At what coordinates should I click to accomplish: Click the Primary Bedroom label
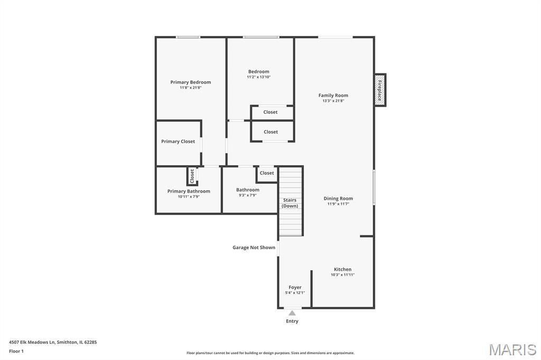pos(190,82)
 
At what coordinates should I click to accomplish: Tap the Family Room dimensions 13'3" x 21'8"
pos(333,101)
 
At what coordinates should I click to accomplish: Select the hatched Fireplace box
pos(380,90)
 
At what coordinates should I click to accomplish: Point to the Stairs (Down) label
pos(290,203)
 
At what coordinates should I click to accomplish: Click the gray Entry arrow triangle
pos(292,313)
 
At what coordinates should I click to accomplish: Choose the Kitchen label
pos(342,269)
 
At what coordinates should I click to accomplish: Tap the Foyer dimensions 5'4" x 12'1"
pos(295,293)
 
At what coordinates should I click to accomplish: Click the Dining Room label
pos(338,198)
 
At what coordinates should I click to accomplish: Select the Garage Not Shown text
pos(254,247)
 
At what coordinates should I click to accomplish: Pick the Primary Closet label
pos(178,141)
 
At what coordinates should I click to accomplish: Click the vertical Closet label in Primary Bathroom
pos(192,176)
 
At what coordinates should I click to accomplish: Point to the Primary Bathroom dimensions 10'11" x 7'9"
pos(189,196)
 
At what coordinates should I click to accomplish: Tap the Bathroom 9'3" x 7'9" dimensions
pos(248,195)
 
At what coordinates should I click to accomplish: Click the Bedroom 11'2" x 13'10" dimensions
pos(259,77)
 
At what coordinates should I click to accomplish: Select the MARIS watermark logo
pos(512,349)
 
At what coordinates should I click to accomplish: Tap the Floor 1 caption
pos(16,351)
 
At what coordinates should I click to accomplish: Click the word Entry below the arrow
pos(292,321)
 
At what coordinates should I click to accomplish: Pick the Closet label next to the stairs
pos(267,173)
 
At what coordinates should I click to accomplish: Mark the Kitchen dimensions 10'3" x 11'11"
pos(342,275)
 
